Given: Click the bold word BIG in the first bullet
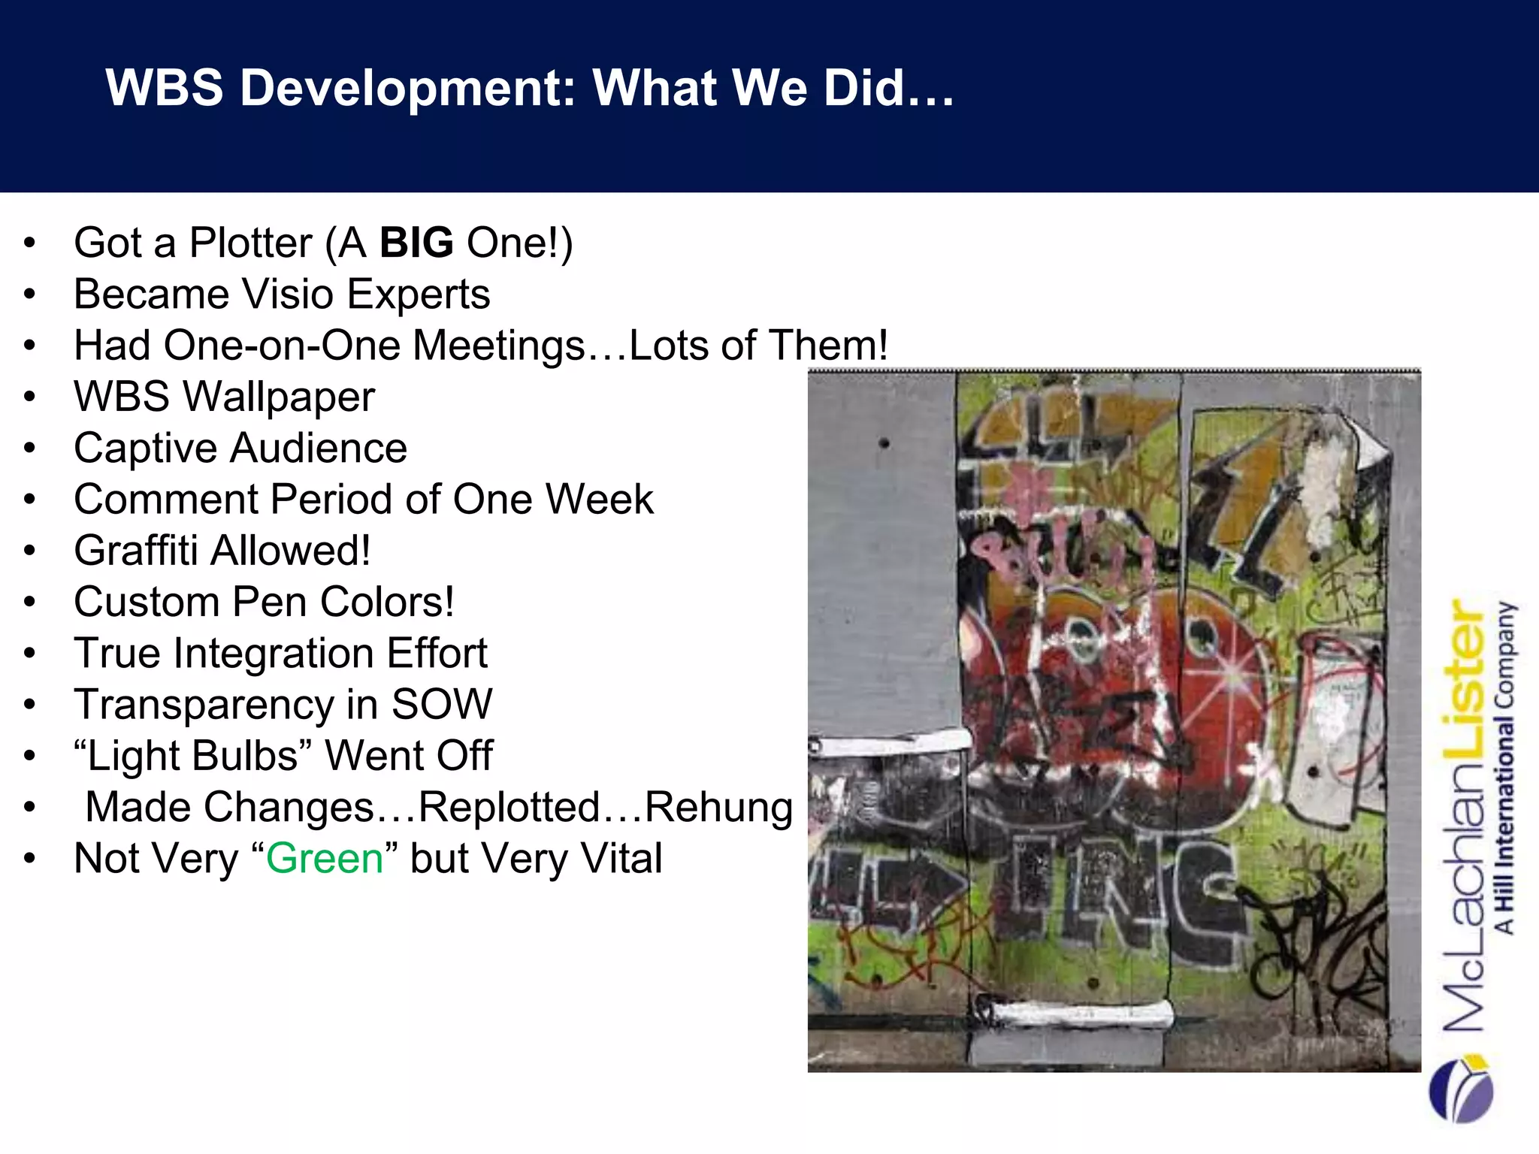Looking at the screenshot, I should coord(416,243).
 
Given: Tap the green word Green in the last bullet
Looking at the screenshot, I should coord(325,858).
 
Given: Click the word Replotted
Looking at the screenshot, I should coord(509,807).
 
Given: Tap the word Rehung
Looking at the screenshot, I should coord(718,808).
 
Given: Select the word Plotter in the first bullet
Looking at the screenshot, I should coord(250,243).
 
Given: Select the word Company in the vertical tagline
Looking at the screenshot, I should coord(1505,654).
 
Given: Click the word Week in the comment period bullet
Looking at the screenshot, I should coord(600,500).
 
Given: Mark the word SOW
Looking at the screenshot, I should coord(441,705).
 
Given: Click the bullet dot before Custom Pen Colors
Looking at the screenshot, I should coord(29,602).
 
